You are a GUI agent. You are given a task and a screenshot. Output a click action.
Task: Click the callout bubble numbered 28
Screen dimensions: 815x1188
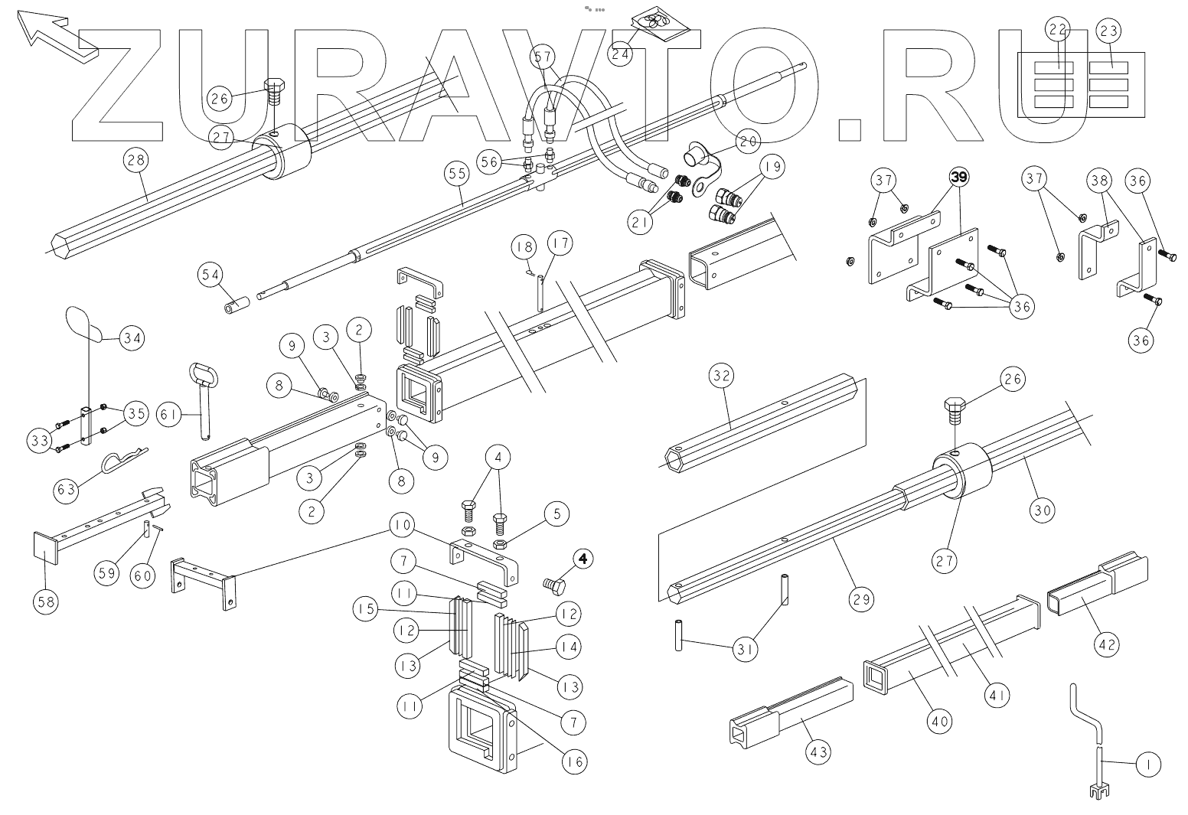[x=136, y=161]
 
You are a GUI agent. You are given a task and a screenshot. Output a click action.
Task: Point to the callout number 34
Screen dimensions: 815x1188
[x=133, y=337]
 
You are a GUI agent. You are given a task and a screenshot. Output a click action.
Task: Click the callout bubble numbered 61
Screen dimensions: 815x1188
[x=169, y=414]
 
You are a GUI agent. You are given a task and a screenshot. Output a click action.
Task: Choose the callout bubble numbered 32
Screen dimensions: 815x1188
[x=722, y=376]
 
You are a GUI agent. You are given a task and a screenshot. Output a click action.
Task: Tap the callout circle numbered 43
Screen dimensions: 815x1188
[x=818, y=753]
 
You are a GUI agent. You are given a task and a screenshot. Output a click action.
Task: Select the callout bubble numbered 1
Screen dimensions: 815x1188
[x=1147, y=764]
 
